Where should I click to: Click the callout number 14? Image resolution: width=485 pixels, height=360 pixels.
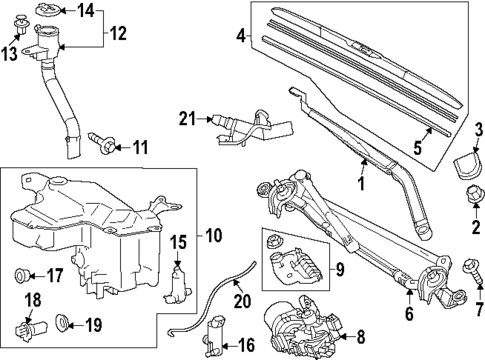(85, 11)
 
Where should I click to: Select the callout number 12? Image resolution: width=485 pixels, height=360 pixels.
(119, 34)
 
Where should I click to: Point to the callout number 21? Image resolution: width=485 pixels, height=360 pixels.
(187, 118)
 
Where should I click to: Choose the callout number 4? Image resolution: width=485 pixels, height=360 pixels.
(240, 37)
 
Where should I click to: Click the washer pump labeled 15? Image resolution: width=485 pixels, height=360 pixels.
(179, 281)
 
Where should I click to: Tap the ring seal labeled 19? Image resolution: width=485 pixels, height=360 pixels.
(62, 323)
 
